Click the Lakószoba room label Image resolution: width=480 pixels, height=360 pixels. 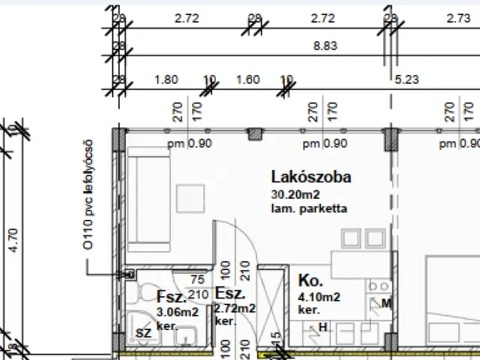point(310,178)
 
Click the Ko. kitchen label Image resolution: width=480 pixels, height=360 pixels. point(310,282)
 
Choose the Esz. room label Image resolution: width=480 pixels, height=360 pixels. point(228,293)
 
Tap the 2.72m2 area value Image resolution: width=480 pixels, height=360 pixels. point(235,308)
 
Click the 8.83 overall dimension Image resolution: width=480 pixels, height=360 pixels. point(327,46)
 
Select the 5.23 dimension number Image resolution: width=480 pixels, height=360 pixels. point(409,78)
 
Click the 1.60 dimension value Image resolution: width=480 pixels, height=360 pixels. point(247,78)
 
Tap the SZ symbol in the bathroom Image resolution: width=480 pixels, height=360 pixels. point(142,332)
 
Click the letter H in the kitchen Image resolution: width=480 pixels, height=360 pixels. point(323,326)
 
